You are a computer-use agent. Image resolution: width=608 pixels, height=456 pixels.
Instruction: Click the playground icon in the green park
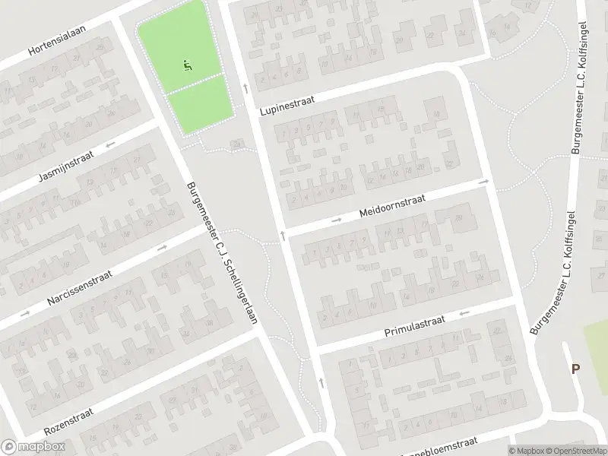pos(187,65)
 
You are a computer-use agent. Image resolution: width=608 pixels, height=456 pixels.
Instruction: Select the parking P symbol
pos(575,369)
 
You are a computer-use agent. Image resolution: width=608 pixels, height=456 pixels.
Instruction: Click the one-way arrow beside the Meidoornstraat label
pos(337,221)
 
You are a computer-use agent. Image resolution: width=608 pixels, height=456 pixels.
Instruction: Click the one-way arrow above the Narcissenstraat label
pos(162,247)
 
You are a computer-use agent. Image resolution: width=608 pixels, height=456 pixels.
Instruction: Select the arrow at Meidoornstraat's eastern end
pos(483,182)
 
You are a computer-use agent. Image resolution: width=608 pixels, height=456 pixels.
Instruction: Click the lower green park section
pos(199,105)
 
